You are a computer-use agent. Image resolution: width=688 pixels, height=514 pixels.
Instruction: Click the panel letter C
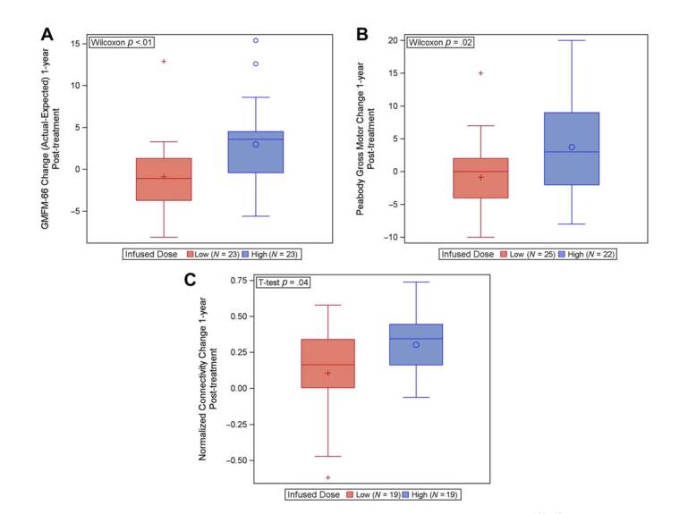click(189, 279)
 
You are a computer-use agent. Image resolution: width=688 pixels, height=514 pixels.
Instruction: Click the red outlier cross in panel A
click(164, 61)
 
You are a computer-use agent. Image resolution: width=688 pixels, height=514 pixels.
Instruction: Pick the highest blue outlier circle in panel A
click(256, 40)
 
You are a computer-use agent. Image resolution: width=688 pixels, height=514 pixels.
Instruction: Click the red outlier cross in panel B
click(480, 73)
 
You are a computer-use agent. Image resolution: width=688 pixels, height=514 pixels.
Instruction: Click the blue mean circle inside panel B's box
click(572, 147)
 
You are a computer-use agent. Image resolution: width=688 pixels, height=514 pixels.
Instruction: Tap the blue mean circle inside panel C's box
click(416, 345)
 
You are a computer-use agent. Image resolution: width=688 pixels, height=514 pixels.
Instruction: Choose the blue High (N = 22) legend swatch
click(562, 255)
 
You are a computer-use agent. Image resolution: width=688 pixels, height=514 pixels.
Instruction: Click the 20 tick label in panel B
click(391, 40)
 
